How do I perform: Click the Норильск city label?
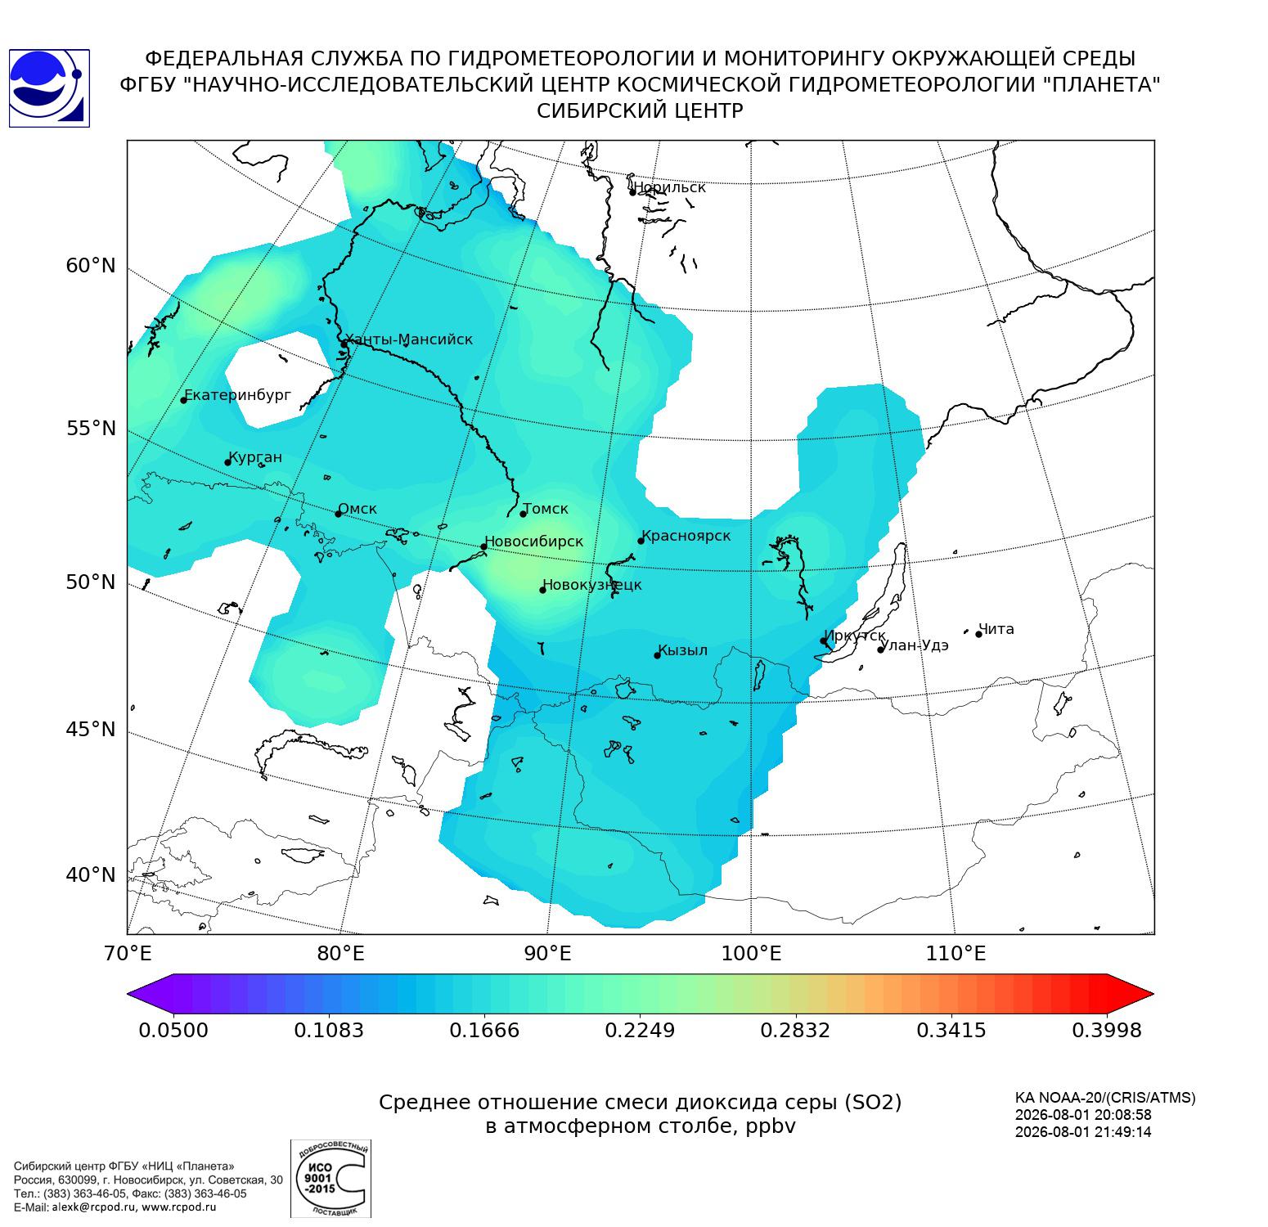click(669, 187)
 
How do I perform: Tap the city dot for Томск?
click(524, 514)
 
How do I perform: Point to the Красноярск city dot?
click(641, 541)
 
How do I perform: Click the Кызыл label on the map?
click(682, 650)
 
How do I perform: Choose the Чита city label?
click(996, 629)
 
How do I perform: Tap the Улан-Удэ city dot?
click(881, 649)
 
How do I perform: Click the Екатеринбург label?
click(237, 395)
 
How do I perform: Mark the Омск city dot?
click(338, 514)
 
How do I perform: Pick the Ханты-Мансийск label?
click(408, 339)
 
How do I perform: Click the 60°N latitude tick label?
click(91, 266)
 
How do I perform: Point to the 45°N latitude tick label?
click(91, 729)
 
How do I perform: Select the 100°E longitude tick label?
click(752, 953)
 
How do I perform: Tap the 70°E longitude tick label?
click(128, 953)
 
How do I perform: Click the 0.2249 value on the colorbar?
click(640, 1030)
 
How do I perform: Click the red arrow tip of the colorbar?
click(1153, 995)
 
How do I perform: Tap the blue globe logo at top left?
click(48, 88)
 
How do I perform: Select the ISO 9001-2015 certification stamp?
click(331, 1179)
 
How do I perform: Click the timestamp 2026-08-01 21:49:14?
click(1083, 1132)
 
